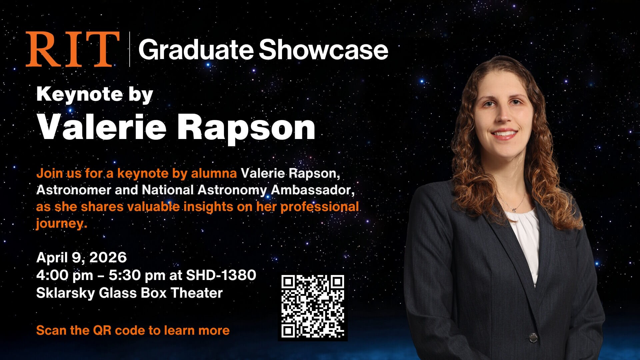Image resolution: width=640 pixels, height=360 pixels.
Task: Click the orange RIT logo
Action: (x=73, y=49)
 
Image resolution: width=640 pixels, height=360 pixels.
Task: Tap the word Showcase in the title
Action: (x=323, y=50)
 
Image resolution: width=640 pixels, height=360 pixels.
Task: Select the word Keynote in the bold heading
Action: (x=79, y=95)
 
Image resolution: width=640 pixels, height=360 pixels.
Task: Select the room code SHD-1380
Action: (x=221, y=275)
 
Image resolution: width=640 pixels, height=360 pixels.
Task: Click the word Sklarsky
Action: (x=65, y=293)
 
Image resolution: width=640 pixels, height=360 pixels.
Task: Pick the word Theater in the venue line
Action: (x=197, y=293)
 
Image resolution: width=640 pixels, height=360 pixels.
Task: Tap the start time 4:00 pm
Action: (x=64, y=275)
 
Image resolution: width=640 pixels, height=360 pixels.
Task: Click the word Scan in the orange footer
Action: (x=51, y=330)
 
